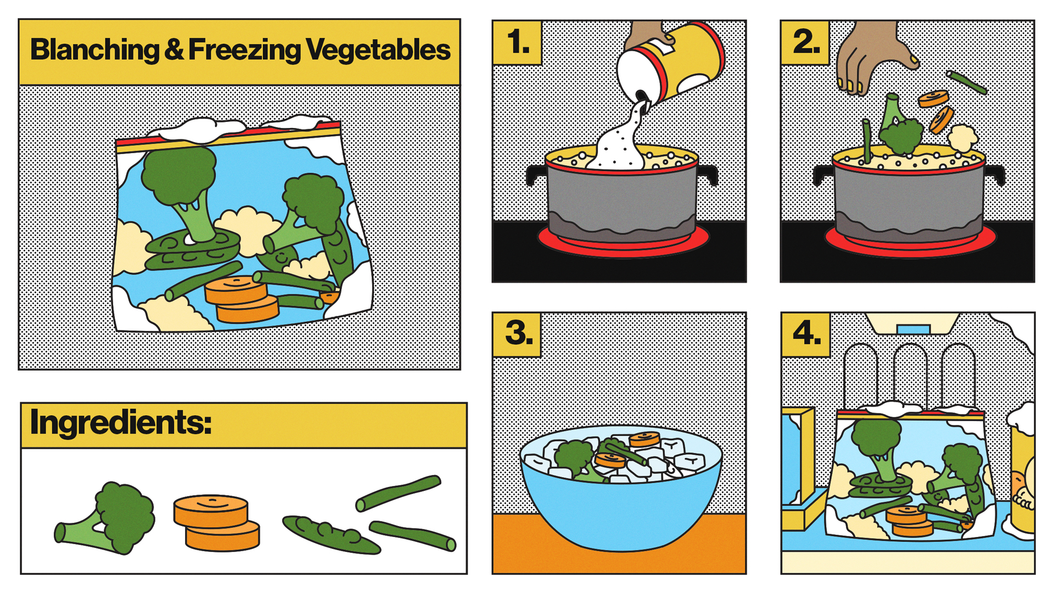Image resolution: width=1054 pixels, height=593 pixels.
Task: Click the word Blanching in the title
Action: point(94,50)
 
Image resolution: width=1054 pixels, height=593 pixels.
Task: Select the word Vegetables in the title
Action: point(378,50)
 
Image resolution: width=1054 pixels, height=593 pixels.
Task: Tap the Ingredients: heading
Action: point(121,422)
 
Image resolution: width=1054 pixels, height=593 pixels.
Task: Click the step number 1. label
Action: point(518,42)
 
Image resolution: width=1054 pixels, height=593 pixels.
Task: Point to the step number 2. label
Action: point(806,42)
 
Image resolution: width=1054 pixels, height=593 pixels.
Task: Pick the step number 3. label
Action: point(519,333)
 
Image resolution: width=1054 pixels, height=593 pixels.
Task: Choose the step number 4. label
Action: point(807,333)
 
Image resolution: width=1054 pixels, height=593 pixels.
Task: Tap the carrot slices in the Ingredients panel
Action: point(216,523)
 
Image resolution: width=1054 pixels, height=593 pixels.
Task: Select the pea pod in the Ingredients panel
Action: point(331,534)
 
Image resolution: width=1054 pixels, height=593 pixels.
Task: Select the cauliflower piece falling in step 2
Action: point(962,138)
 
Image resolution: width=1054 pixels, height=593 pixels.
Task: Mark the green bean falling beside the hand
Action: point(967,82)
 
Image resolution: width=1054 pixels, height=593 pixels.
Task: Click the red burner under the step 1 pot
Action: point(623,242)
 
